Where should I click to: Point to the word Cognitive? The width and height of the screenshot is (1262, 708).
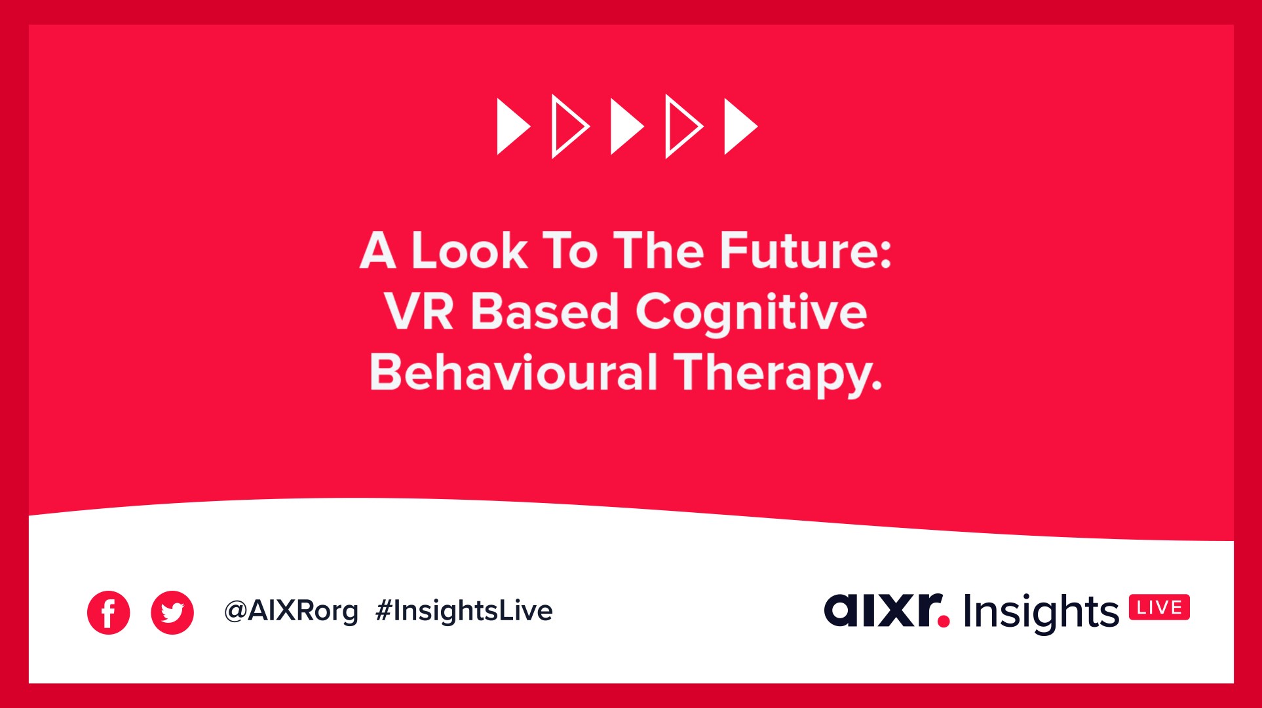coord(751,314)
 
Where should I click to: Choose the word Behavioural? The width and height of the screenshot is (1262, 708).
coord(513,372)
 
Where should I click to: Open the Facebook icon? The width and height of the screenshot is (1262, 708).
coord(108,613)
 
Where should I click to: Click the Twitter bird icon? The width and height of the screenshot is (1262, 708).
coord(172,613)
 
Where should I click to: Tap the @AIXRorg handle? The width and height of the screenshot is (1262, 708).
coord(292,612)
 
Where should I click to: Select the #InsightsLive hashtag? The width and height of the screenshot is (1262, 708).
coord(464,610)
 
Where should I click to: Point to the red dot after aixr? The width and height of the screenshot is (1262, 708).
coord(944,621)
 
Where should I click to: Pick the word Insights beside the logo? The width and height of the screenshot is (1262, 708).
coord(1041,613)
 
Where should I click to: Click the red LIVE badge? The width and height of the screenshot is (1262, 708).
coord(1159,608)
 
